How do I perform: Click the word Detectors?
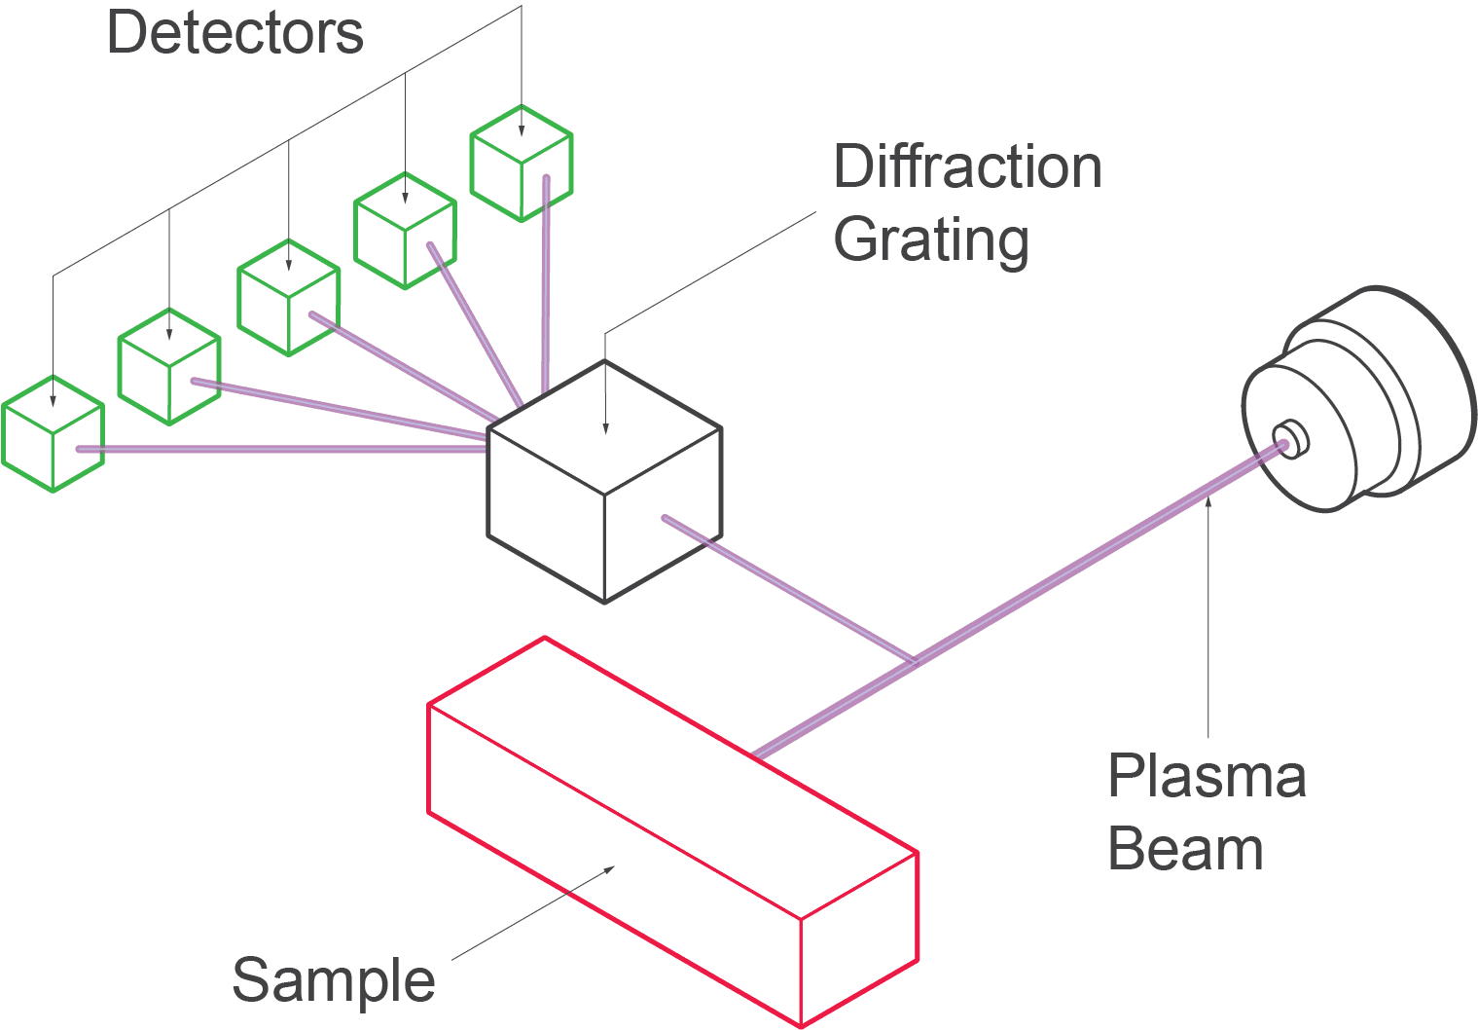click(234, 32)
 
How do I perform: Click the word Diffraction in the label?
click(967, 166)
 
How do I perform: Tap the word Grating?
click(930, 239)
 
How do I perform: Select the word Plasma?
click(1207, 776)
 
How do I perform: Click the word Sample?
click(333, 979)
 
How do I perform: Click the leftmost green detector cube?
click(53, 434)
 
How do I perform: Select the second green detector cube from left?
click(169, 367)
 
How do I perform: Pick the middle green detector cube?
click(288, 298)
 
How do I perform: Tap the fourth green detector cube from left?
click(405, 231)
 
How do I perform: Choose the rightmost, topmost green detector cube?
click(522, 164)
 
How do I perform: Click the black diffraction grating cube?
click(604, 482)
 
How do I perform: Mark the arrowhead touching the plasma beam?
click(1208, 501)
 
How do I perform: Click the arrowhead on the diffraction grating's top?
click(605, 428)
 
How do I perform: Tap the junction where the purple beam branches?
click(914, 662)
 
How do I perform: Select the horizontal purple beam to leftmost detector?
click(282, 449)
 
